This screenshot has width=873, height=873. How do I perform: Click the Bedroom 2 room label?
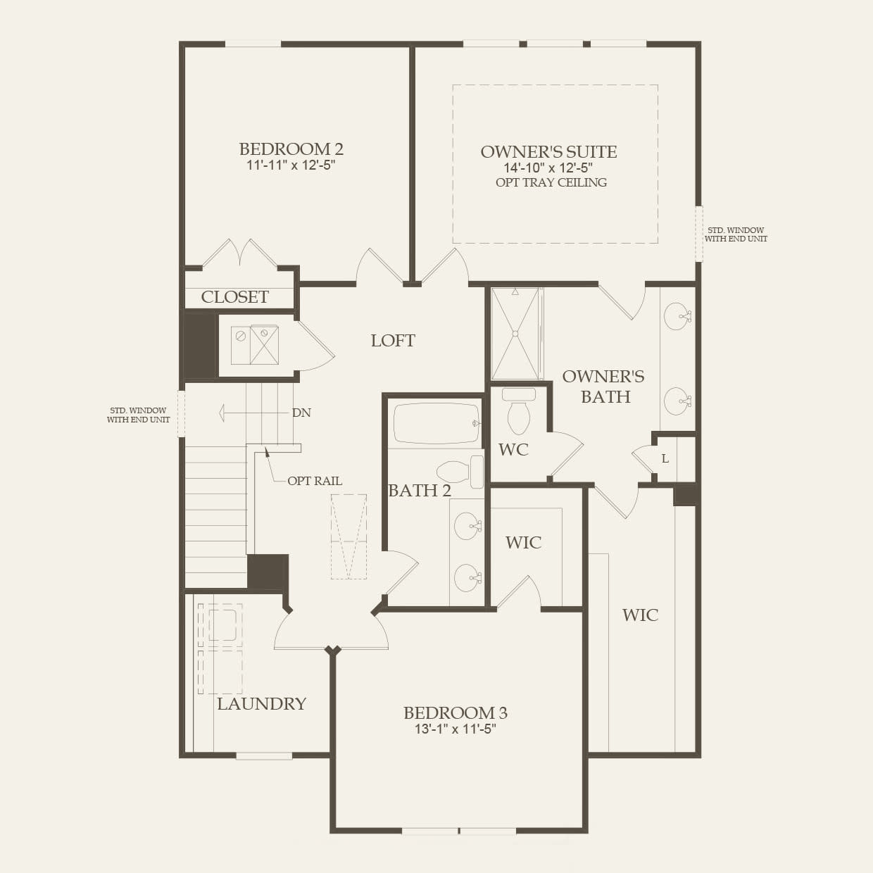291,149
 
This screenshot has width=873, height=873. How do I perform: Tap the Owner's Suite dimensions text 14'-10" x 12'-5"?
548,168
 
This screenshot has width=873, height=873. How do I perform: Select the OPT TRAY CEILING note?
551,183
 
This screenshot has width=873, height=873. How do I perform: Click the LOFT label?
393,341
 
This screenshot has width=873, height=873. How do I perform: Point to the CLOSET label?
234,297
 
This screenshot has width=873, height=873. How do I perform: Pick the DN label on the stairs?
301,413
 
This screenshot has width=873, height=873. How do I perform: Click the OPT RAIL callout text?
314,481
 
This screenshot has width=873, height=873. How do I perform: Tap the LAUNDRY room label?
261,704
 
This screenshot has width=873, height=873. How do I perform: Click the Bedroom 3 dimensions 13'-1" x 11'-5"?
456,729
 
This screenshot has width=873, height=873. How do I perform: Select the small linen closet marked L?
665,459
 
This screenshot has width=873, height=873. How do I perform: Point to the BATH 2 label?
420,491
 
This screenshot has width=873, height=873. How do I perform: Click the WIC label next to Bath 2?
523,542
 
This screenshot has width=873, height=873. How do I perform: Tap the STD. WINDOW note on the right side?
736,234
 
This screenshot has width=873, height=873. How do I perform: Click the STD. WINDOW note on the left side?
138,415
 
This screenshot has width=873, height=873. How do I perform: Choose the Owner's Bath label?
603,387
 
